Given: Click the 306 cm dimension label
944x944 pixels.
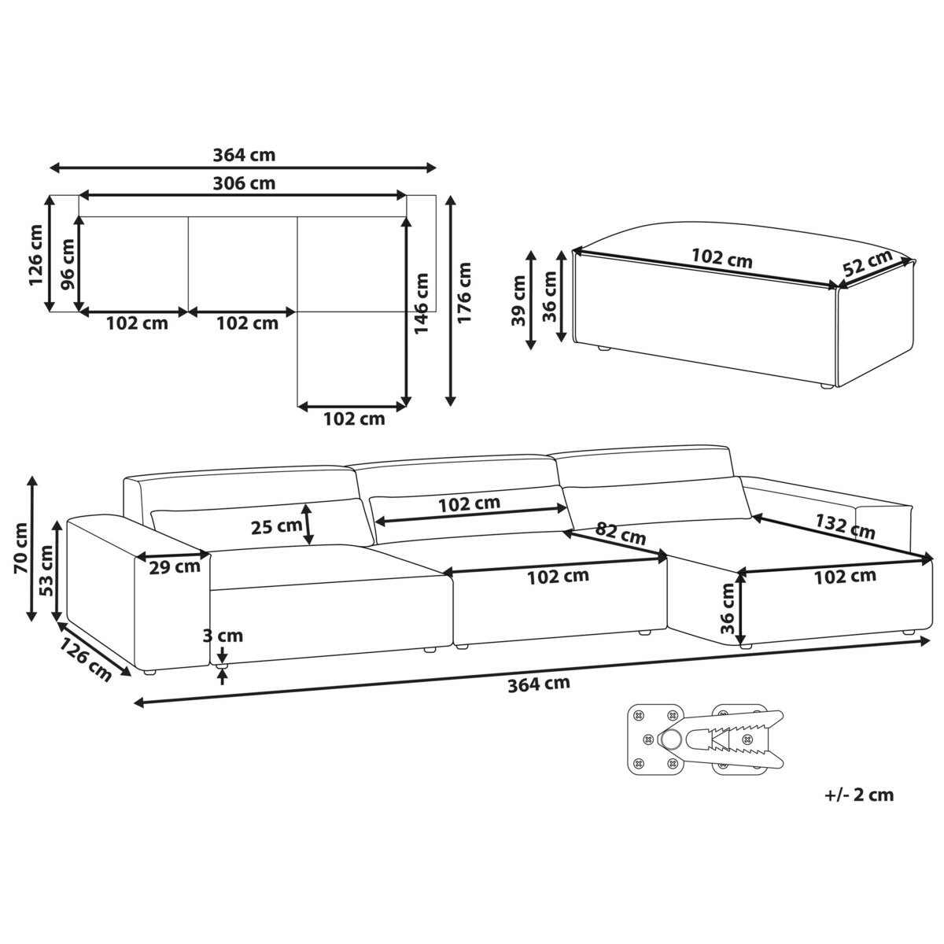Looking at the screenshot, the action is [244, 183].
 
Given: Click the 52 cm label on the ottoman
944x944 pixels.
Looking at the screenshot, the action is [868, 265].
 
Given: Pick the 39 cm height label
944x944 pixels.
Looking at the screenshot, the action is [518, 301].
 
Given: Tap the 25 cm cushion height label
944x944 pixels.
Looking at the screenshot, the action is [276, 526].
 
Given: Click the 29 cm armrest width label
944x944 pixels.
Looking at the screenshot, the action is [175, 566].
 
